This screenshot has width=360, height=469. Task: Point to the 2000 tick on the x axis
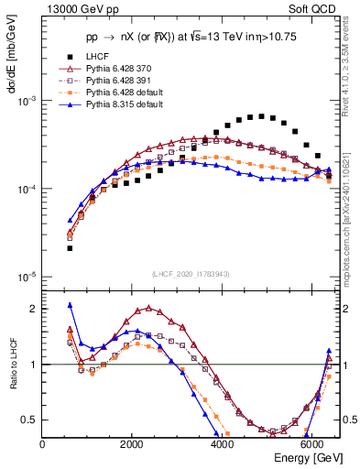click(x=132, y=444)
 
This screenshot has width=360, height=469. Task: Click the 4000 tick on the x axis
click(x=222, y=444)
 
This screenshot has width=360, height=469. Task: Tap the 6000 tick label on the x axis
click(x=311, y=444)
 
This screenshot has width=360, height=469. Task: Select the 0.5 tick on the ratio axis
click(x=31, y=420)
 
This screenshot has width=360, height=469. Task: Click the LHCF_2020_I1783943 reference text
click(x=190, y=274)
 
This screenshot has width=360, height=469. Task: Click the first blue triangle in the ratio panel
click(x=70, y=305)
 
